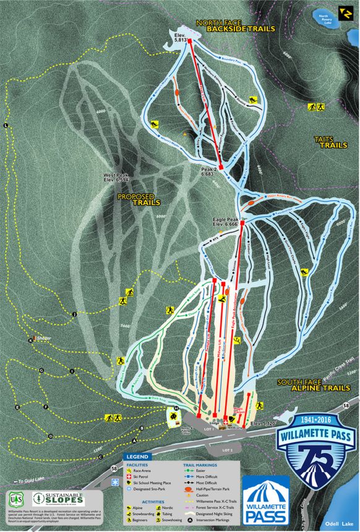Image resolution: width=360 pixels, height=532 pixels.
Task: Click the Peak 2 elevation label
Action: (210, 171)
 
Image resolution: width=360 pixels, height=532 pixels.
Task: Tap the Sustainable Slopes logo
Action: (59, 499)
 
